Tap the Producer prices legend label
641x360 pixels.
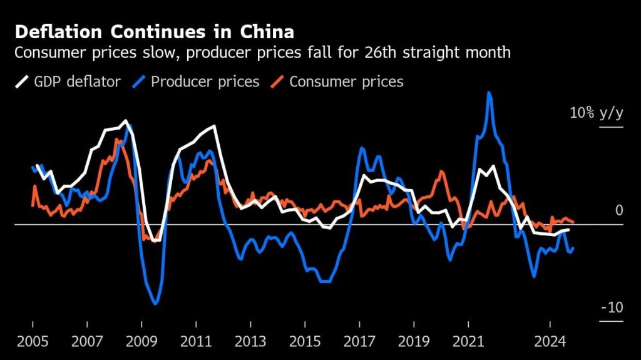pos(205,81)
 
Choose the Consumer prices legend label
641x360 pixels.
pos(346,81)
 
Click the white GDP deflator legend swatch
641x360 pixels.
pos(23,81)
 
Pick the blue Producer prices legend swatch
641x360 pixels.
pos(140,81)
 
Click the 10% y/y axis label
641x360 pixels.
pos(597,113)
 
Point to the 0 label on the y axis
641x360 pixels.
pos(619,210)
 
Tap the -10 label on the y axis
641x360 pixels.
pos(612,307)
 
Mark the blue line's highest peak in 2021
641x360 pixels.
pos(489,93)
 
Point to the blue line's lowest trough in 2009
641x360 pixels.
pos(155,304)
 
